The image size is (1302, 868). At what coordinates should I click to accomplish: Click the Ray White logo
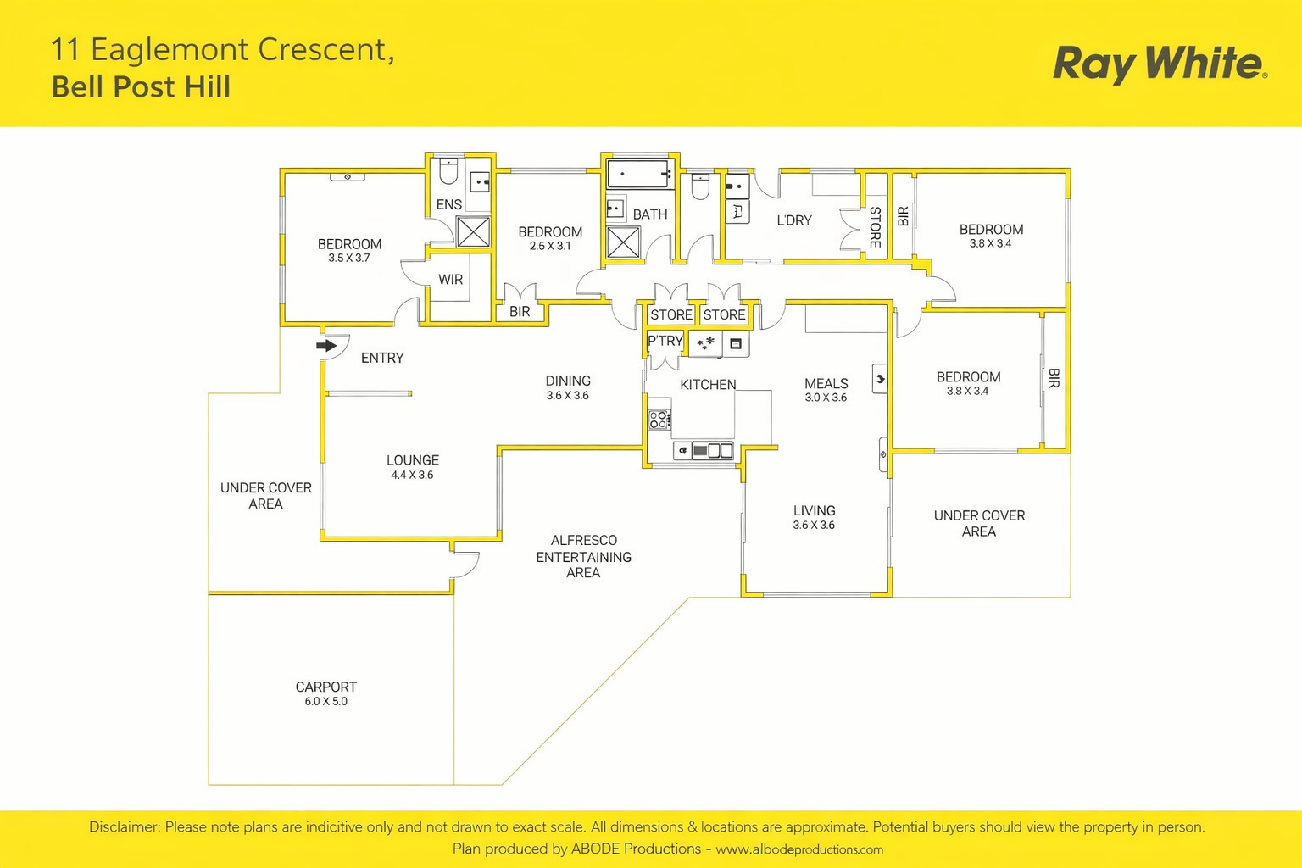pos(1159,64)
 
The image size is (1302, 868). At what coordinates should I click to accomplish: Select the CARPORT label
pos(325,687)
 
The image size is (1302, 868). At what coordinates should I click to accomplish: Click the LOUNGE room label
pos(413,460)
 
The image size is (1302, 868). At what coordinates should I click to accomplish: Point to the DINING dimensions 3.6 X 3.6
pos(567,396)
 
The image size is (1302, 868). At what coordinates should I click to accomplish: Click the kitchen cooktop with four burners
pos(659,419)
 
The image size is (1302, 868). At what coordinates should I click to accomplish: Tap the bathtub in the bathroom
pos(639,175)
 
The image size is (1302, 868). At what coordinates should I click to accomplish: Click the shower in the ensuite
pos(473,231)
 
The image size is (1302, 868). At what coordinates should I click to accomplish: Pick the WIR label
pos(450,280)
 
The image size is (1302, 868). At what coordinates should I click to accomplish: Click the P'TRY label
pos(665,341)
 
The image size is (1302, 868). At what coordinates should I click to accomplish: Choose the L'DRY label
pos(794,220)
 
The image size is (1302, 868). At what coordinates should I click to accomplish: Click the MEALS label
pos(826,383)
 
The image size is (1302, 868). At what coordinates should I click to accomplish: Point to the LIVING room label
pos(814,510)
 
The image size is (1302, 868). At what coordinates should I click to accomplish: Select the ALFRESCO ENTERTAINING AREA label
pos(583,556)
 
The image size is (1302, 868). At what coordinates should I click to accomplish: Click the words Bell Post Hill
pos(141,87)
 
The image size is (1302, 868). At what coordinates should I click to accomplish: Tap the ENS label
pos(448,204)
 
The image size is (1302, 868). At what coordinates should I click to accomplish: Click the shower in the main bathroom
pos(623,242)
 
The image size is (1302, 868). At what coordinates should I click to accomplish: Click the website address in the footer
pos(798,849)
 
